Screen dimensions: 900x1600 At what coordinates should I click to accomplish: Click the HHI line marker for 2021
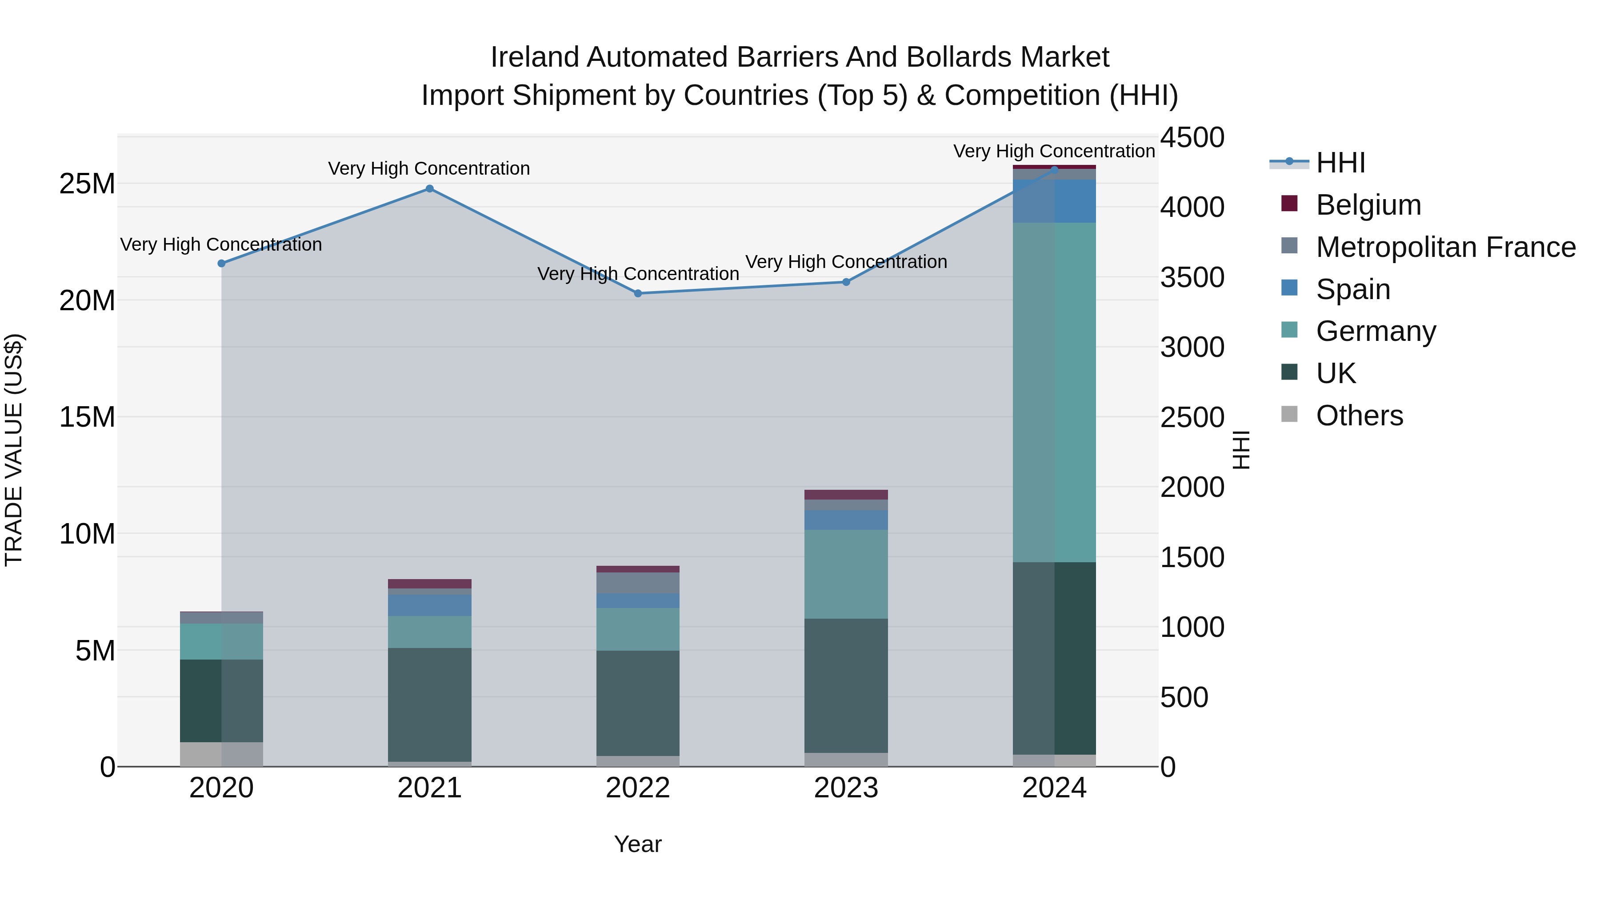pyautogui.click(x=429, y=189)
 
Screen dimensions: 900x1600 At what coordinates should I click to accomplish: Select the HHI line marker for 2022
pyautogui.click(x=638, y=293)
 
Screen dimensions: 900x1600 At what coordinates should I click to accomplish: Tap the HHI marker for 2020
pyautogui.click(x=221, y=264)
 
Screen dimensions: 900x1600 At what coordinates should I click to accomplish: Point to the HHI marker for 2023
pyautogui.click(x=846, y=282)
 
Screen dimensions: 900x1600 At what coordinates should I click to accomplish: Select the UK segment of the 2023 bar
pyautogui.click(x=846, y=686)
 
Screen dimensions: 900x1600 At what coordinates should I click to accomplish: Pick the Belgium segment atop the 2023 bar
pyautogui.click(x=846, y=494)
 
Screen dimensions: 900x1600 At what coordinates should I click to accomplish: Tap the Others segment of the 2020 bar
pyautogui.click(x=221, y=754)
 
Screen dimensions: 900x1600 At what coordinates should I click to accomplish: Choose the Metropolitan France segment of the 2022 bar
pyautogui.click(x=638, y=583)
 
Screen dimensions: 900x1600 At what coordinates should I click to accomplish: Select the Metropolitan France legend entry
pyautogui.click(x=1445, y=247)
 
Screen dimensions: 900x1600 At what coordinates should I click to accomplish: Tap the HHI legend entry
pyautogui.click(x=1340, y=163)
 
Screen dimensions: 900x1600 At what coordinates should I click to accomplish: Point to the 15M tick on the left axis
pyautogui.click(x=87, y=417)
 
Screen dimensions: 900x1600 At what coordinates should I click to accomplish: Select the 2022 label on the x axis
pyautogui.click(x=638, y=788)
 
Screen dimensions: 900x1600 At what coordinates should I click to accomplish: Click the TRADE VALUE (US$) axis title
pyautogui.click(x=14, y=450)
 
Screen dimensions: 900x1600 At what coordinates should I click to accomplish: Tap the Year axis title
pyautogui.click(x=638, y=844)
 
